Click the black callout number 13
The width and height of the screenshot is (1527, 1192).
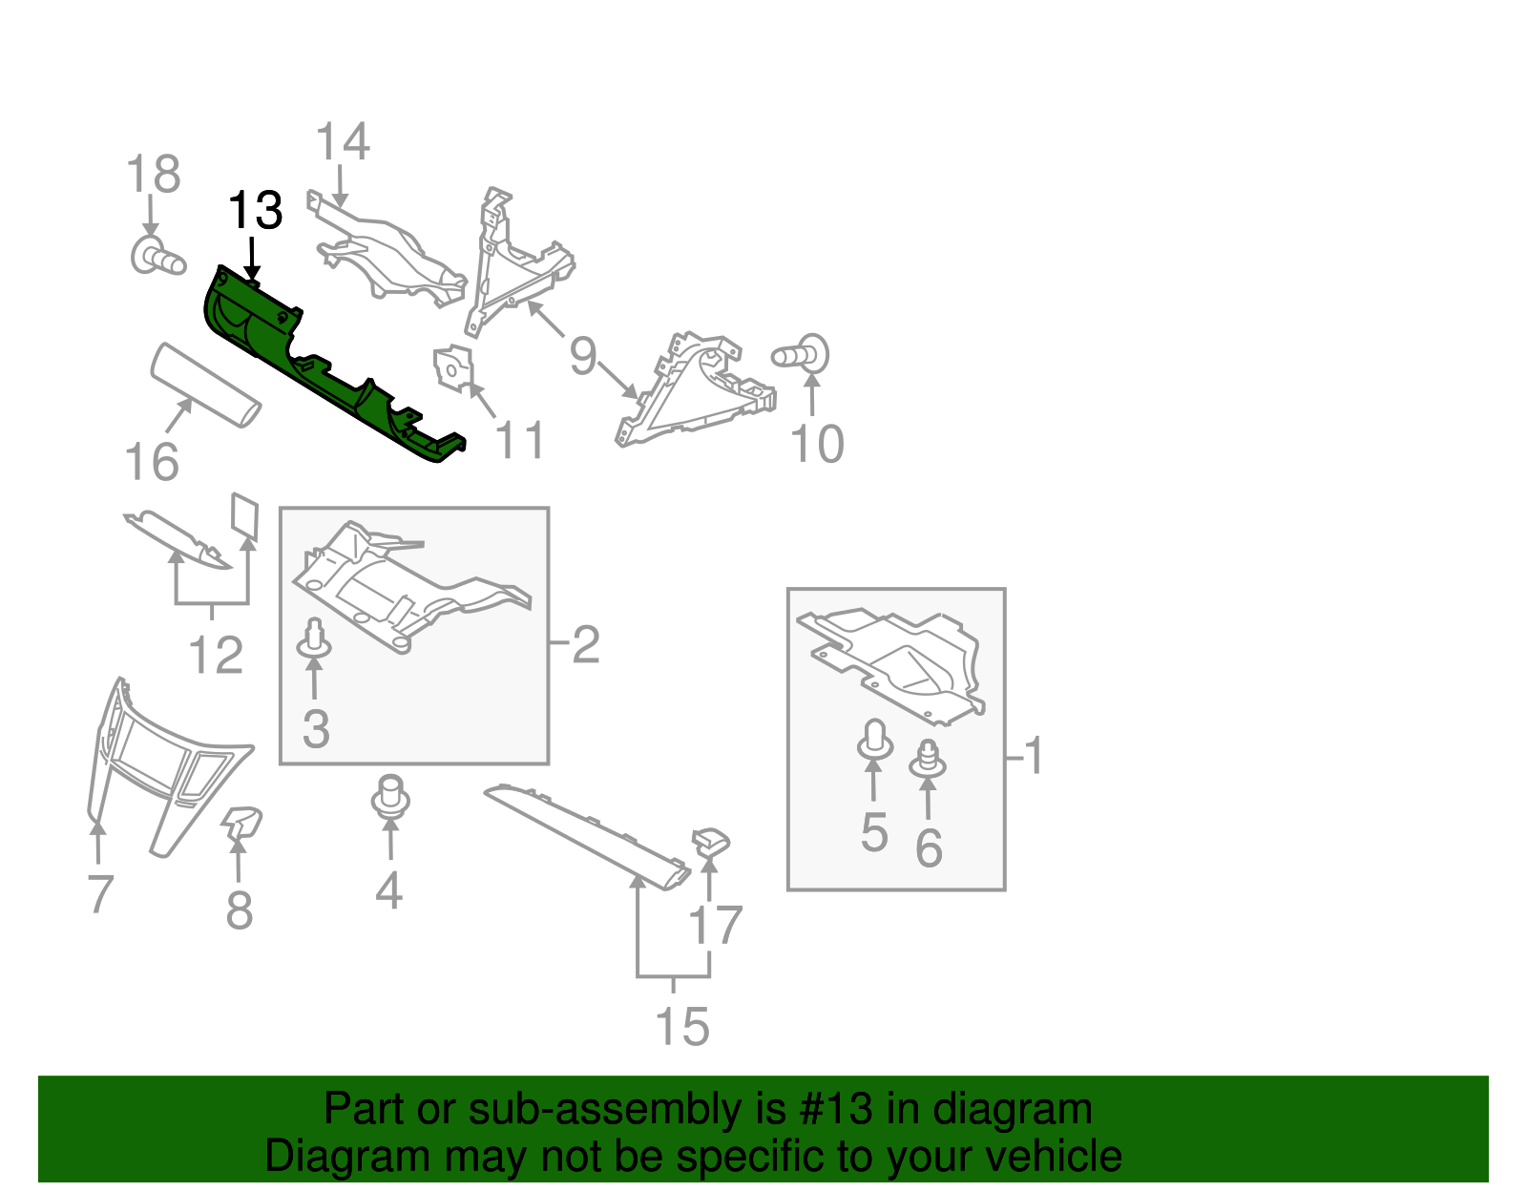(x=256, y=211)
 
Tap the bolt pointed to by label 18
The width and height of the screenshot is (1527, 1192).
(x=157, y=258)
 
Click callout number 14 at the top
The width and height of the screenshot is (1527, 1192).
(x=342, y=143)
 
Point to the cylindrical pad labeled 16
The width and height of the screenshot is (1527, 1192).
(x=205, y=386)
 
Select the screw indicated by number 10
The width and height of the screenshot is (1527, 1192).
(x=802, y=355)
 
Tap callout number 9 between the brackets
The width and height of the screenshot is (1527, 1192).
(x=582, y=356)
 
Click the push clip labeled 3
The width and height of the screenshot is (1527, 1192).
(x=314, y=638)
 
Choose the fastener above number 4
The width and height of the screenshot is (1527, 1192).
(x=389, y=797)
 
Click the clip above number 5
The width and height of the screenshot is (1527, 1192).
(x=874, y=741)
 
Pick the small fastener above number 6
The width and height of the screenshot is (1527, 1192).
(x=927, y=759)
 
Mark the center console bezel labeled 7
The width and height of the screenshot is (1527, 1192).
(x=162, y=763)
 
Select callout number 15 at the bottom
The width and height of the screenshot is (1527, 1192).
(x=682, y=1027)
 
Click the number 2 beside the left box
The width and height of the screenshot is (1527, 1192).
(x=585, y=645)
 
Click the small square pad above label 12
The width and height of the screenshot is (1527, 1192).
(x=245, y=514)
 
